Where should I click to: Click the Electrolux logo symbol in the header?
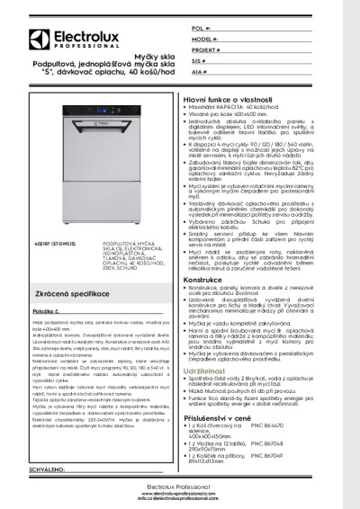pos(38,38)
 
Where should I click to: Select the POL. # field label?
pos(202,30)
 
